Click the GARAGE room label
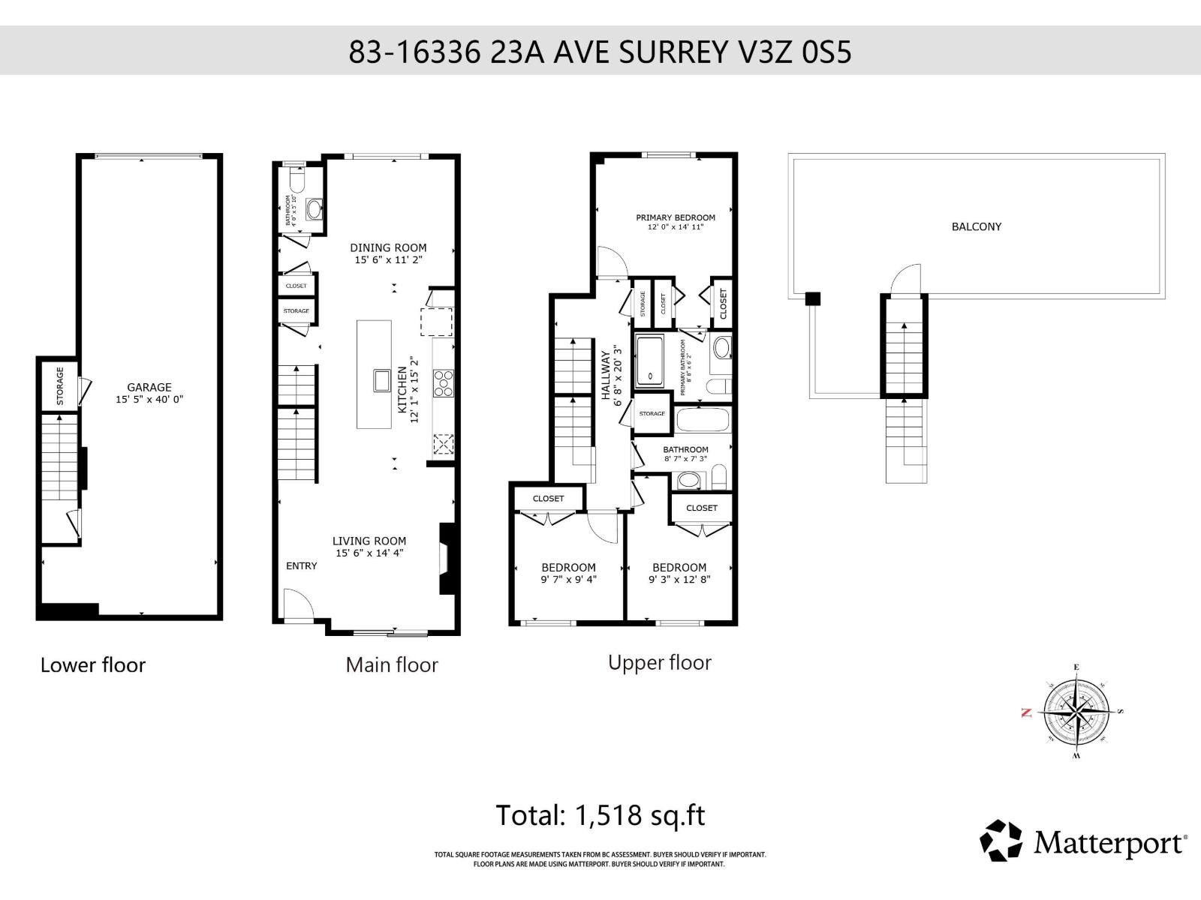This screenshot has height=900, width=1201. pyautogui.click(x=149, y=387)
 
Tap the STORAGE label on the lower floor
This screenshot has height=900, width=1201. pyautogui.click(x=60, y=385)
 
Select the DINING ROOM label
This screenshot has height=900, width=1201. pyautogui.click(x=388, y=247)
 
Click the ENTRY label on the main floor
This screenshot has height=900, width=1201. pyautogui.click(x=301, y=565)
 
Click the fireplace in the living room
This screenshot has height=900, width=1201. pyautogui.click(x=447, y=559)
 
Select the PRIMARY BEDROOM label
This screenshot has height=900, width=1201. pyautogui.click(x=676, y=217)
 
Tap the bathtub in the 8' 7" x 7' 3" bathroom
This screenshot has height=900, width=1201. pyautogui.click(x=703, y=418)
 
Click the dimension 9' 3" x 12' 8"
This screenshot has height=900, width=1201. pyautogui.click(x=679, y=579)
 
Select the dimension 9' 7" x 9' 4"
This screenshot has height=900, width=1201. pyautogui.click(x=568, y=579)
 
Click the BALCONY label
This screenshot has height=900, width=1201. pyautogui.click(x=976, y=226)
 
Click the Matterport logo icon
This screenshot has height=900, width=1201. pyautogui.click(x=1001, y=841)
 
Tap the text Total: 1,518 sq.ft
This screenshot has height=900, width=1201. pyautogui.click(x=600, y=815)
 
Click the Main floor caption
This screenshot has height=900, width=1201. pyautogui.click(x=392, y=664)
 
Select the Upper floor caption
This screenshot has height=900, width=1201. pyautogui.click(x=659, y=662)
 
